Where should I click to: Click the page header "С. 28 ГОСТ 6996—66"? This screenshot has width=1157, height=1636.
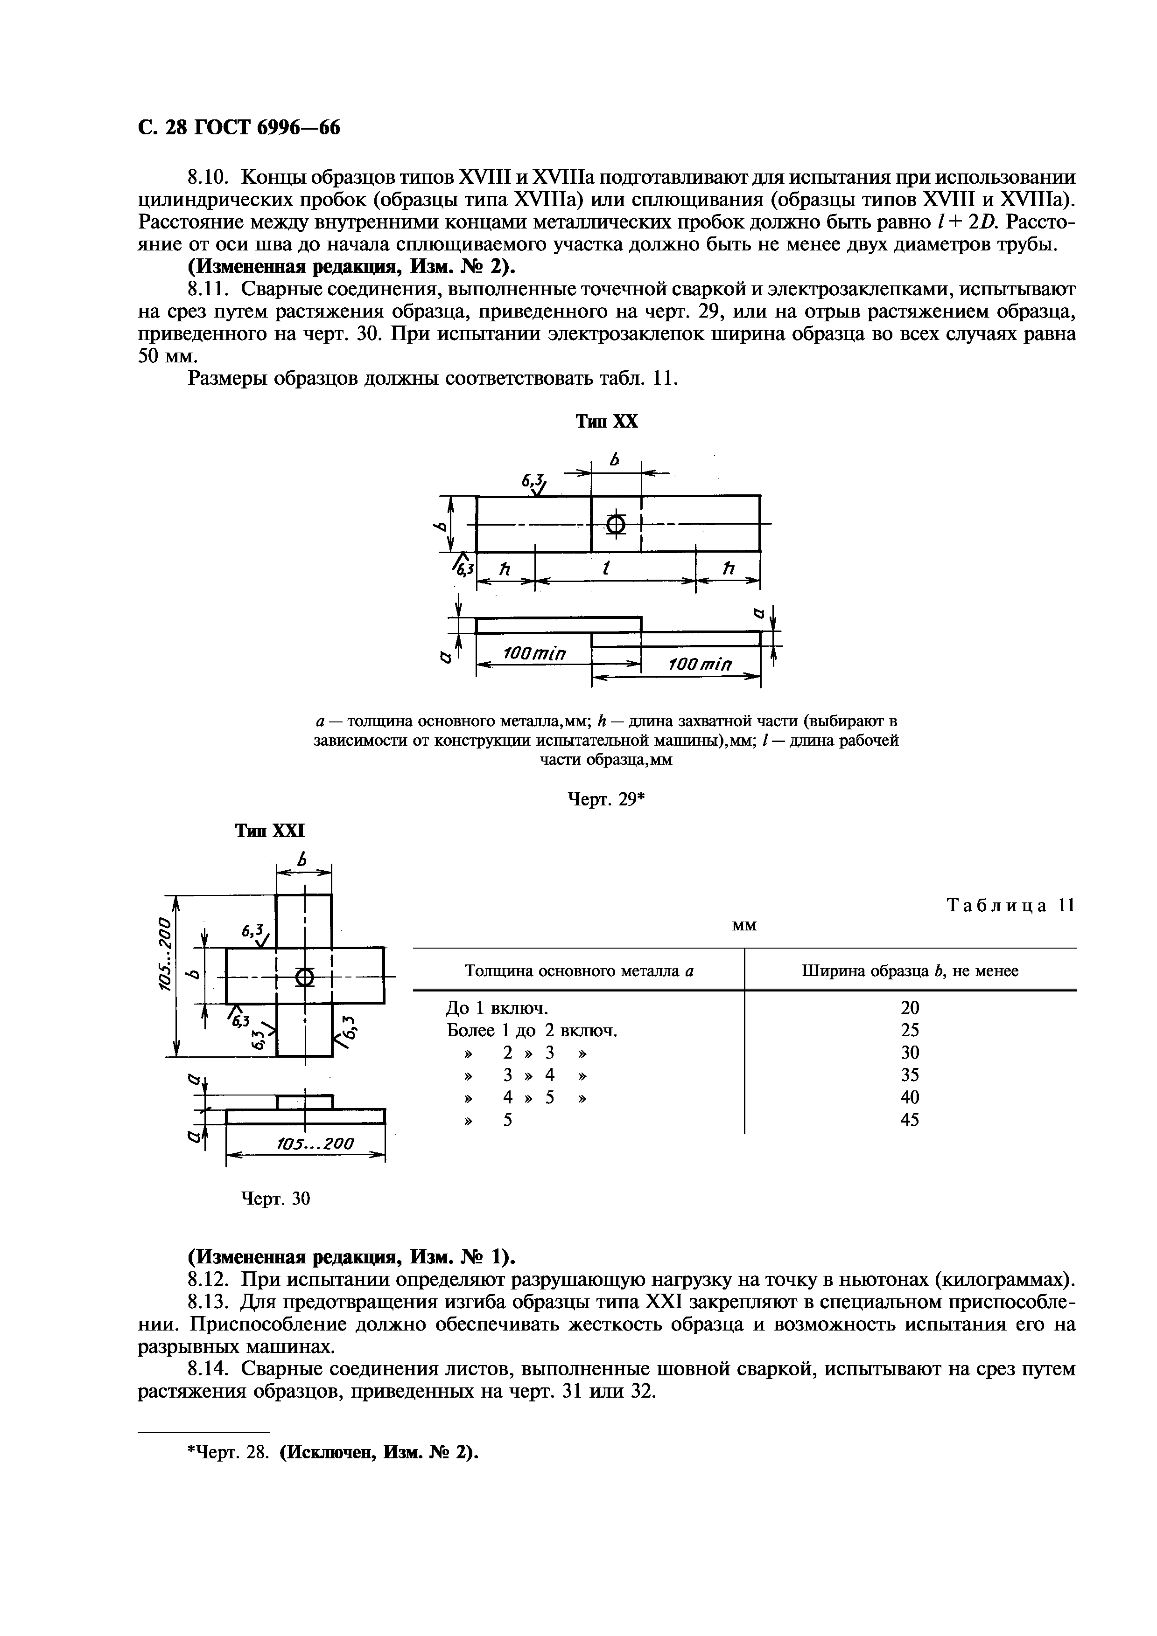tap(239, 127)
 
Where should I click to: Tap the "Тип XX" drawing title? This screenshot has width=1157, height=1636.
tap(607, 422)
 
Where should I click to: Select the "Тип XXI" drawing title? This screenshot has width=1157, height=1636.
tap(269, 831)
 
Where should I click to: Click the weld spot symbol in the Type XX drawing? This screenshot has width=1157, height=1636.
tap(617, 525)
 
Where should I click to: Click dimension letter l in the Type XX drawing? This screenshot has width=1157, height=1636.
tap(607, 569)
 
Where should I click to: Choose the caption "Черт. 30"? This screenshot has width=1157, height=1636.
tap(276, 1199)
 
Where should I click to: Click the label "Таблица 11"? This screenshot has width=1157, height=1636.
tap(1010, 906)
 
